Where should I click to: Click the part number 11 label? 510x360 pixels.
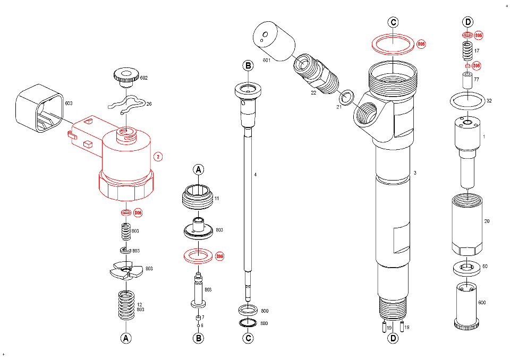[x=217, y=199]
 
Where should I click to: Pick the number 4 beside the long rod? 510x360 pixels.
[x=256, y=174]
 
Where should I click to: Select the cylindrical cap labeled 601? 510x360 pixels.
[x=274, y=39]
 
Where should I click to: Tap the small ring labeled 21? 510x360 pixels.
[x=347, y=97]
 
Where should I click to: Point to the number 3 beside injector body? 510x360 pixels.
[x=415, y=173]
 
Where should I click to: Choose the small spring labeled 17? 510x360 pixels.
[x=466, y=52]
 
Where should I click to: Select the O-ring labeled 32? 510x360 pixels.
[x=467, y=100]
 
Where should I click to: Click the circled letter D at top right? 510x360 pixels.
[x=467, y=22]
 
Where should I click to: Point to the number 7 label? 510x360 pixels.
[x=203, y=317]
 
